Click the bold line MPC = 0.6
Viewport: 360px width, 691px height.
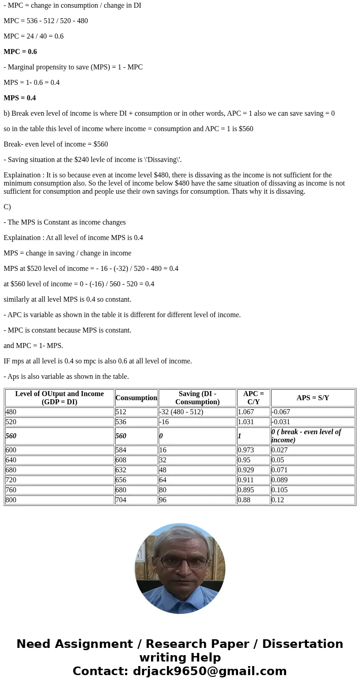[x=20, y=52]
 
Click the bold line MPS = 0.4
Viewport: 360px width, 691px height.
[x=19, y=98]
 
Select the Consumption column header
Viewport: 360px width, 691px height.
[x=136, y=398]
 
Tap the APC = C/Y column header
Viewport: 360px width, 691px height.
[x=253, y=398]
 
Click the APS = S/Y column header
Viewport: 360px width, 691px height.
[x=312, y=398]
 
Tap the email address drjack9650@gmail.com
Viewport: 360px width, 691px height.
[x=209, y=671]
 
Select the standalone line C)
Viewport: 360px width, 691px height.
[x=7, y=207]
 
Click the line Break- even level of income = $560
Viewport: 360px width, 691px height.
[x=56, y=144]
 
